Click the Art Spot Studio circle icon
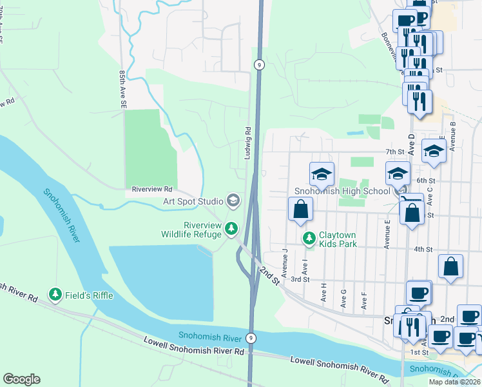[233, 201]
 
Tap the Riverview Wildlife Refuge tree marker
[231, 228]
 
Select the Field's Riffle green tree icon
[56, 295]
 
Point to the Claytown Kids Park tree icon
[310, 239]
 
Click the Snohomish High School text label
[342, 191]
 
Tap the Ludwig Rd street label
[247, 143]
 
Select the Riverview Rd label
[152, 190]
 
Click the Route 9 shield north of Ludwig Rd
[258, 64]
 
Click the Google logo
[21, 379]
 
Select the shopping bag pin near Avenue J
[300, 210]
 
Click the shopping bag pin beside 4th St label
[451, 266]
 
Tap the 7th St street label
[394, 152]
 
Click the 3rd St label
[300, 279]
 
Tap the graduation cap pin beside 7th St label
[434, 151]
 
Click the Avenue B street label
[453, 136]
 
